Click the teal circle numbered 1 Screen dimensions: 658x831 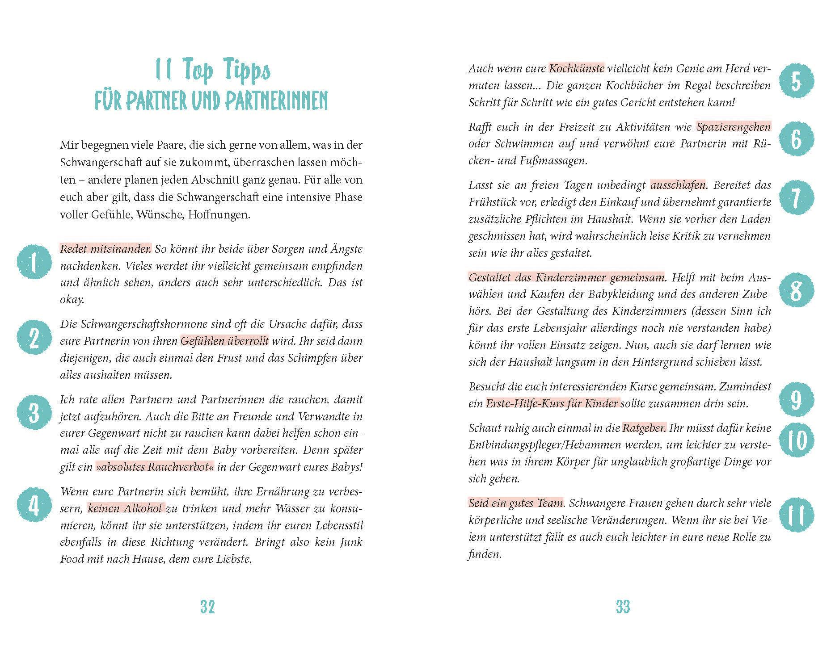tap(34, 264)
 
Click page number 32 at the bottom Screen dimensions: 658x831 tap(207, 607)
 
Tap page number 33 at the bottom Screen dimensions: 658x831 tap(623, 607)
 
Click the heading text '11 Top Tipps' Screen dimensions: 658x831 tap(213, 71)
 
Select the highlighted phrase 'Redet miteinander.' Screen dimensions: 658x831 tap(106, 249)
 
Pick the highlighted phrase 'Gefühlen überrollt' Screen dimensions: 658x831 tap(224, 341)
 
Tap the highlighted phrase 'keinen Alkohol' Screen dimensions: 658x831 tap(126, 508)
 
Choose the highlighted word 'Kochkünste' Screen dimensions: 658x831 tap(577, 68)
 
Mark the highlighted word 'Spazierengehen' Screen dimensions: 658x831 tap(734, 127)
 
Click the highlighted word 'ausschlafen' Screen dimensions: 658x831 tap(678, 185)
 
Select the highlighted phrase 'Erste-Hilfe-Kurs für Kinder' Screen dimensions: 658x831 tap(553, 403)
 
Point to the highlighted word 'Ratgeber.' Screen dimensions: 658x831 tap(644, 428)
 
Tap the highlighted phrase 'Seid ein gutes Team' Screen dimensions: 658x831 tap(516, 503)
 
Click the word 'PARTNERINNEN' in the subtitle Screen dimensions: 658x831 tap(276, 101)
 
